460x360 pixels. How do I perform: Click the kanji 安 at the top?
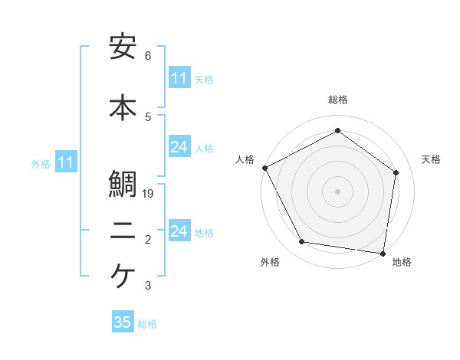click(x=123, y=47)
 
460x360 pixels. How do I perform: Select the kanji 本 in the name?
click(x=123, y=107)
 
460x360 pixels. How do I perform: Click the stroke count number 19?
click(x=149, y=194)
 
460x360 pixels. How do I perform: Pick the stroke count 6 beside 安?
click(x=148, y=56)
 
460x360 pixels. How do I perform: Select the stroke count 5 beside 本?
click(x=148, y=116)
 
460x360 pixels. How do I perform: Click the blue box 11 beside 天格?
click(x=179, y=78)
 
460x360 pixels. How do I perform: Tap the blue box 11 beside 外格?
click(x=66, y=162)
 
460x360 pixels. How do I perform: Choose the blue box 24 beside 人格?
click(x=179, y=147)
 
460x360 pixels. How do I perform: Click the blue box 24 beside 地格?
click(x=179, y=231)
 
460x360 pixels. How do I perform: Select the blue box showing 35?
click(x=123, y=322)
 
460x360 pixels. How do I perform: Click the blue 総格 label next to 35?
click(x=147, y=324)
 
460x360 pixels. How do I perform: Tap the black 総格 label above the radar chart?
click(x=338, y=100)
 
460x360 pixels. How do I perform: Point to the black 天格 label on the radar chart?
click(x=431, y=159)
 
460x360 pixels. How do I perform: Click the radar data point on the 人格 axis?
click(x=264, y=168)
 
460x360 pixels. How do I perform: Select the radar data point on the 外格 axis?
click(x=302, y=242)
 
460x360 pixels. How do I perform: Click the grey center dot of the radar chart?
click(x=337, y=191)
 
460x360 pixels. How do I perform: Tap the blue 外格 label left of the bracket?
click(x=41, y=163)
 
